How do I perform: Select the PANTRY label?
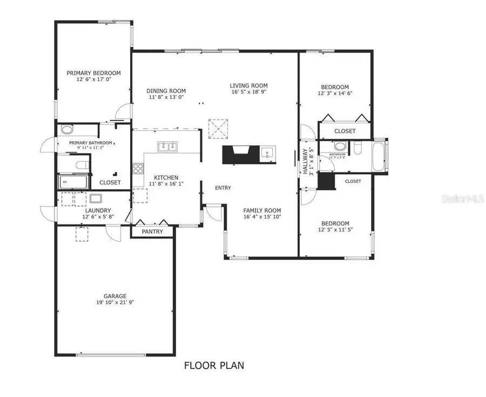(x=152, y=231)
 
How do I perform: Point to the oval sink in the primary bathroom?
(x=67, y=129)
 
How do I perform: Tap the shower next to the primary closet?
(x=72, y=182)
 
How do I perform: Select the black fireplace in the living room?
(x=239, y=154)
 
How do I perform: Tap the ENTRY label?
(x=223, y=188)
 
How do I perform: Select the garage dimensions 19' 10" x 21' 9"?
(x=115, y=303)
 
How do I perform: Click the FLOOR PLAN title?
(x=214, y=366)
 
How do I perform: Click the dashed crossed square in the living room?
(x=219, y=128)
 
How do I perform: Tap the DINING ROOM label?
(x=166, y=91)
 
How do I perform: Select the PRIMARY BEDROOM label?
(x=93, y=73)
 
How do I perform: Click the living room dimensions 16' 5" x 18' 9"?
(x=248, y=92)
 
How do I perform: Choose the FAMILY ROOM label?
(x=262, y=210)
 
